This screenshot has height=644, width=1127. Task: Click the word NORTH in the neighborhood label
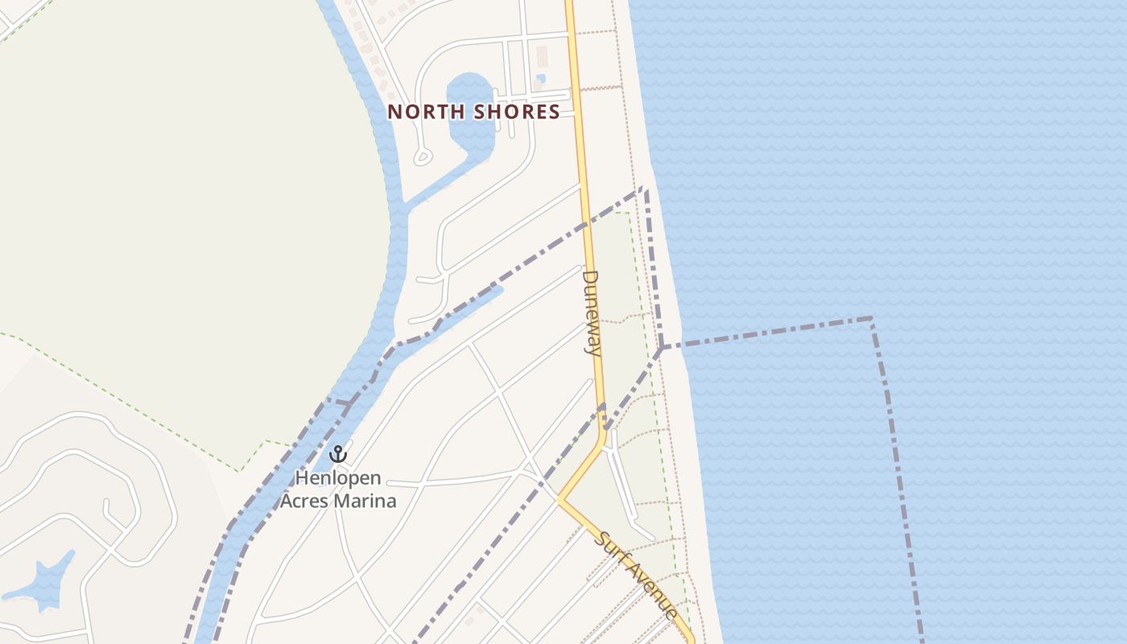(426, 112)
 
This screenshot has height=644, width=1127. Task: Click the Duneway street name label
(592, 313)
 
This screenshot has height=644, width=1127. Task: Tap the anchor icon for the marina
(338, 454)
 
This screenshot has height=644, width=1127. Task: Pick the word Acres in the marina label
(310, 501)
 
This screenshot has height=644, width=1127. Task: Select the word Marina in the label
(369, 501)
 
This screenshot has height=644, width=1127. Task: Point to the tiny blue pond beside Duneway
(540, 79)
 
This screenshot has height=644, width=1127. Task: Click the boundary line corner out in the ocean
(871, 320)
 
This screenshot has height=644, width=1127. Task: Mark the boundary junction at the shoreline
(662, 348)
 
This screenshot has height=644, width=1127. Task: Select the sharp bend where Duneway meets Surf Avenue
(560, 499)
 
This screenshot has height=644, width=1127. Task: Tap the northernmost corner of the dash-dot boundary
(643, 189)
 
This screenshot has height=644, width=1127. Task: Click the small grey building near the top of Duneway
(542, 56)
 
